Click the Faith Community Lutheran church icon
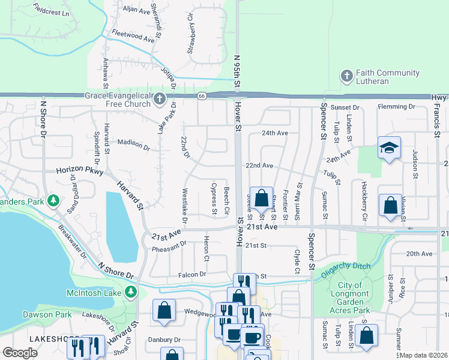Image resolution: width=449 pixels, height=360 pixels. (346, 77)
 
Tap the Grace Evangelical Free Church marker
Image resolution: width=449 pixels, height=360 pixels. (159, 99)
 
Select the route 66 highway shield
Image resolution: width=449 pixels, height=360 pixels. (202, 97)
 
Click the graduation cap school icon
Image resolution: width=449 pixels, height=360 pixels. (389, 148)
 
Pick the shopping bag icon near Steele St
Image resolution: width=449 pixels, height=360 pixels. (261, 198)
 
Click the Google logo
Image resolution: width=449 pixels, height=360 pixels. (20, 353)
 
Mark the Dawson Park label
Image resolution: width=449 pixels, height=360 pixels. (43, 314)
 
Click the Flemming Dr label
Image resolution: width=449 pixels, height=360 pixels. (397, 107)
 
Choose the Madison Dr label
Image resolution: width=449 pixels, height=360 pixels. (134, 144)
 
